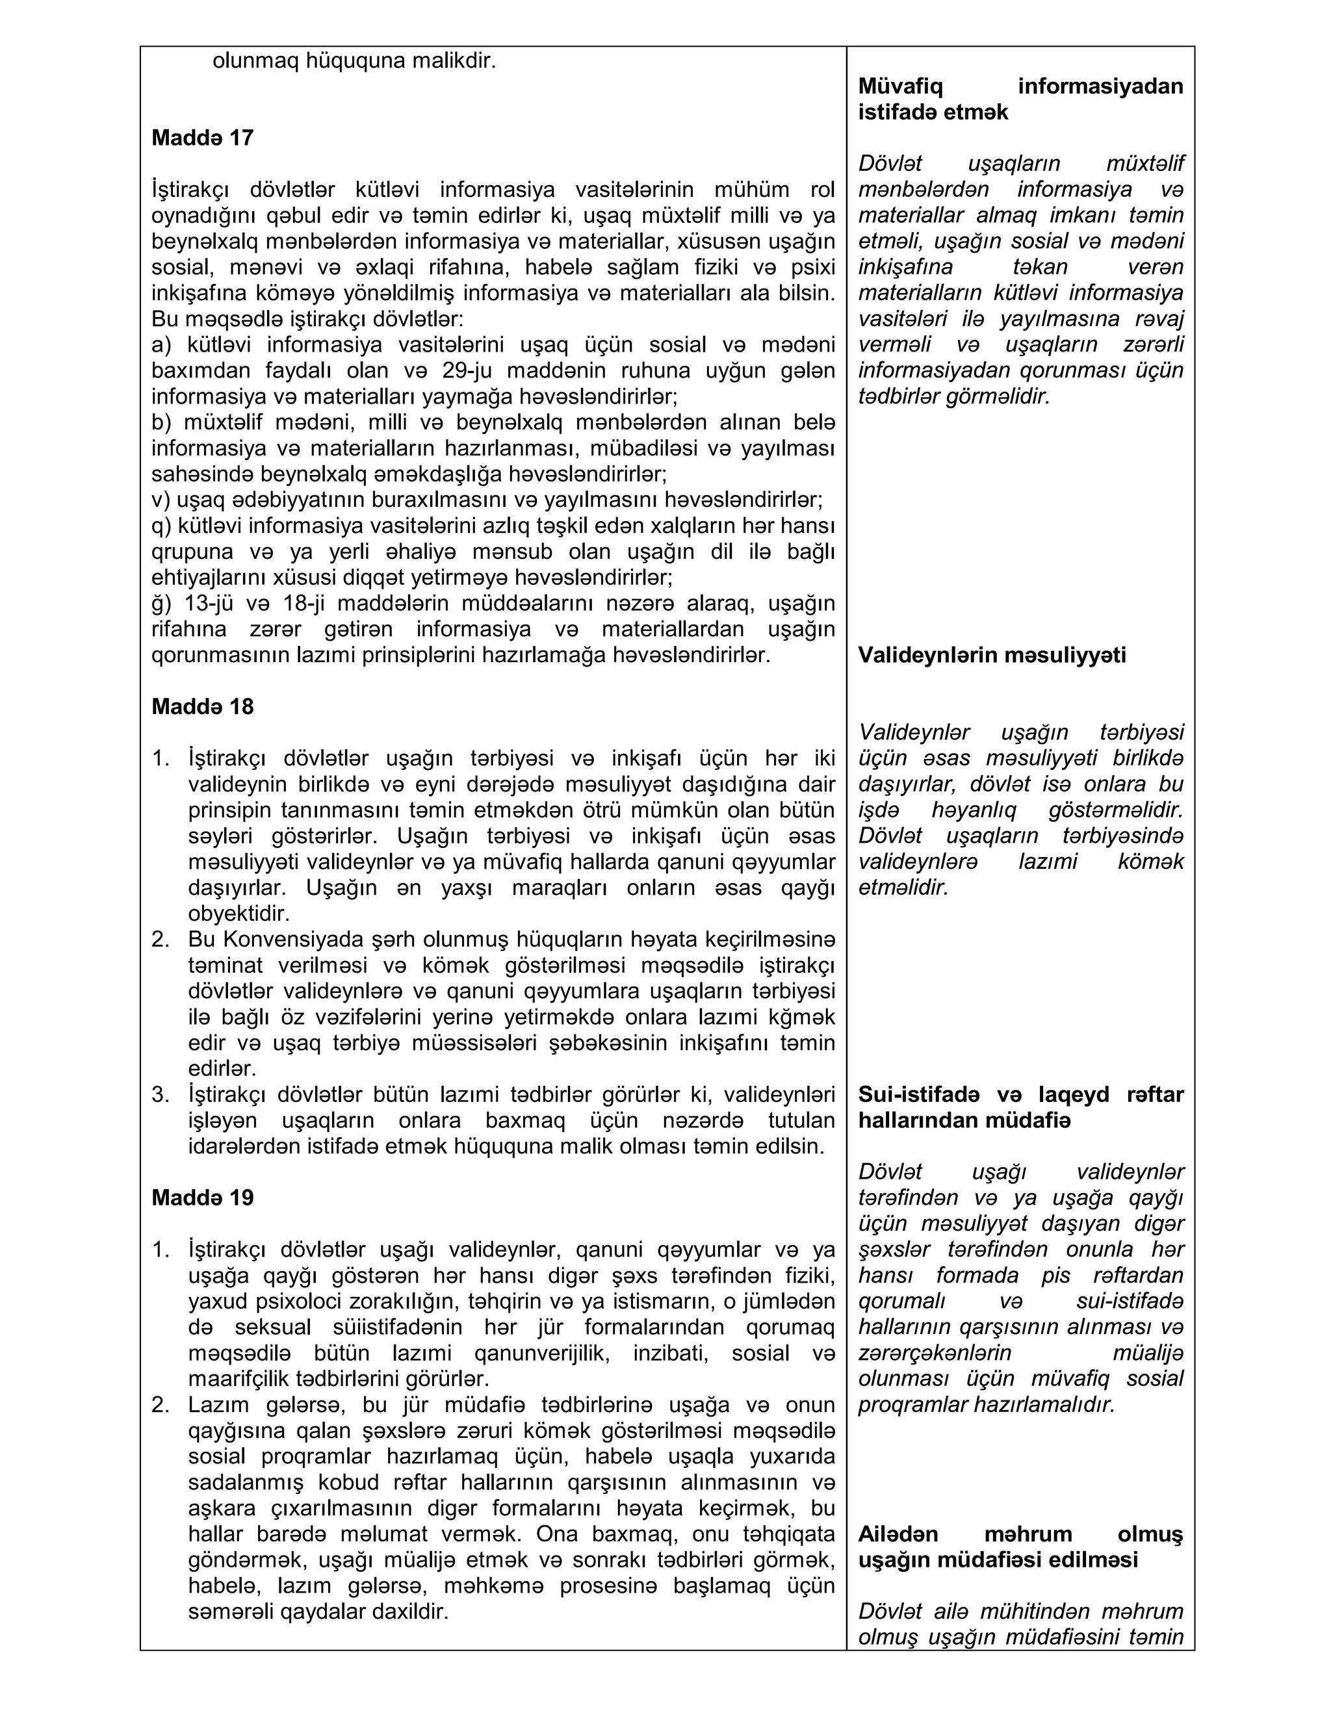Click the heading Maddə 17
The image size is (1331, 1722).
[202, 138]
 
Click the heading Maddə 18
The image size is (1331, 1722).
[202, 706]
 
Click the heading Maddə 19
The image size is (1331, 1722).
[202, 1198]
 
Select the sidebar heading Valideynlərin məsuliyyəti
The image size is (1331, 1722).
[991, 655]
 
